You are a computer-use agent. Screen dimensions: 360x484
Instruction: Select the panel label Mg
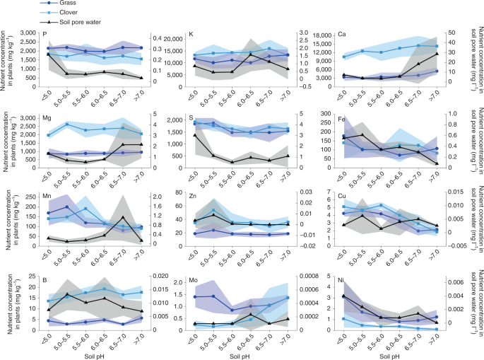(x=46, y=113)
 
